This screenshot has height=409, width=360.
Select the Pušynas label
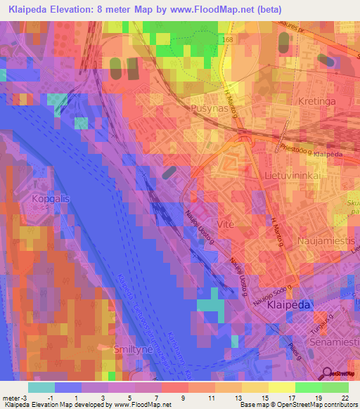tap(209, 108)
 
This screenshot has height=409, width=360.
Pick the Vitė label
tap(225, 223)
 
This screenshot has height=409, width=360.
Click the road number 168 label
tap(227, 40)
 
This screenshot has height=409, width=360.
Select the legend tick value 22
tap(345, 398)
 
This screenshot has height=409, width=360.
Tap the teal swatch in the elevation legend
tap(41, 387)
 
